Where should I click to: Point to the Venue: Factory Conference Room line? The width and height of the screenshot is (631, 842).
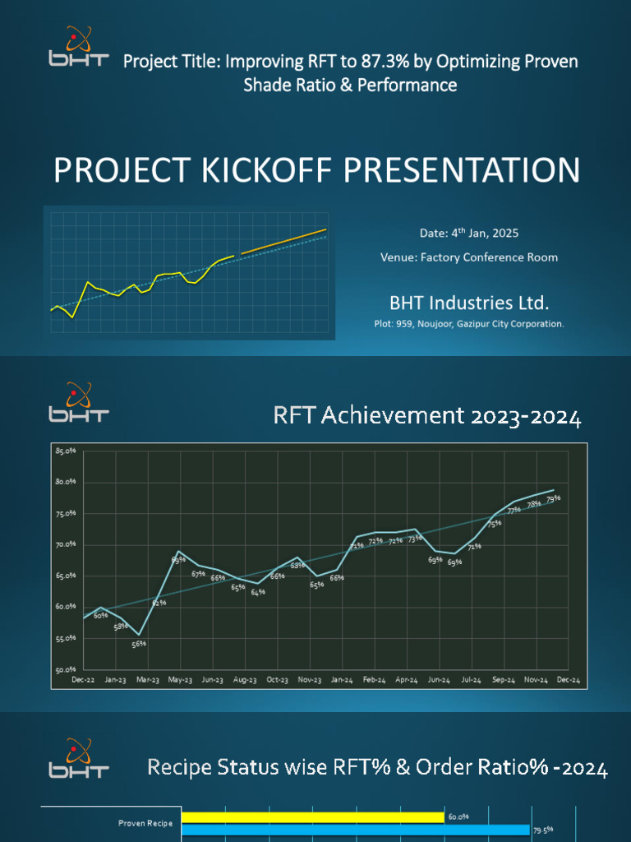coord(468,257)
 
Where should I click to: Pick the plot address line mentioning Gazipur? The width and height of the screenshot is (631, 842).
coord(468,324)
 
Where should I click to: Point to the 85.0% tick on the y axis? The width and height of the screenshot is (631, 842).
coord(66,451)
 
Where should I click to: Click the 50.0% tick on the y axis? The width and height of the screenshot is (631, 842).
coord(66,669)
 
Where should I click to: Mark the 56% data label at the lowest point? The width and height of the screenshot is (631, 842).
coord(139,644)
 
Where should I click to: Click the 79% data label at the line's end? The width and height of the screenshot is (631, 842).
coord(553,498)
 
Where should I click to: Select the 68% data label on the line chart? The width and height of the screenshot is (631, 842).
coord(297,566)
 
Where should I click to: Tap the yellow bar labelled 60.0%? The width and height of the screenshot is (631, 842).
coord(312,817)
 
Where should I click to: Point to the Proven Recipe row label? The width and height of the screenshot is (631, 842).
coord(145,823)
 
